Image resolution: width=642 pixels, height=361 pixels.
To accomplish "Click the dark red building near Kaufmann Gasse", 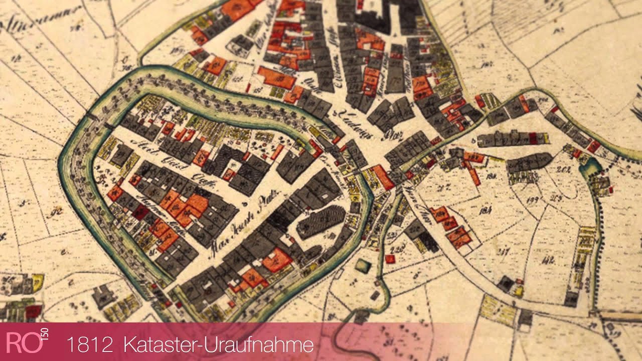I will coord(140,212).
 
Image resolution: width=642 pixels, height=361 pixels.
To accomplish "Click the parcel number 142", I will coord(548,259).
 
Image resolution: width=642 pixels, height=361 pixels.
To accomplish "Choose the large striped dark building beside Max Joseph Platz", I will coord(321,221).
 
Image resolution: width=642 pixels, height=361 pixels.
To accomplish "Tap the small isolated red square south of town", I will coord(390,259).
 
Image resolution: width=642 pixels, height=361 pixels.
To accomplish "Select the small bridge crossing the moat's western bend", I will coord(92,117).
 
